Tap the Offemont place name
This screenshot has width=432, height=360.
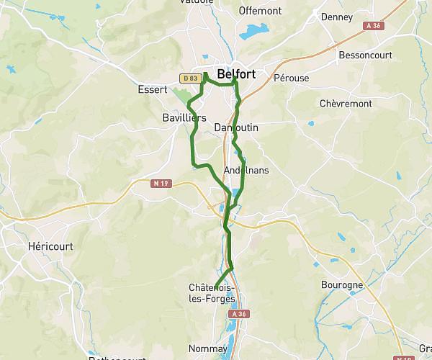click(x=259, y=12)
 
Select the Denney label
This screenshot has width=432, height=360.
click(x=336, y=17)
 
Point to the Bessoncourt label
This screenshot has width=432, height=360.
click(x=363, y=55)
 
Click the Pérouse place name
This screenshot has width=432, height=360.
click(x=291, y=77)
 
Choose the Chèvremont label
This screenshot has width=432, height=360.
click(x=346, y=104)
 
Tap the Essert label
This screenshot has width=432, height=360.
click(x=152, y=90)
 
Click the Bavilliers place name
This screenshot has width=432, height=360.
click(x=185, y=117)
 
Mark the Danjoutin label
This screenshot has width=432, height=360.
click(x=236, y=127)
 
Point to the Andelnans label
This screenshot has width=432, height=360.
click(x=246, y=171)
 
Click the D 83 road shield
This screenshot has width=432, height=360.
click(x=189, y=78)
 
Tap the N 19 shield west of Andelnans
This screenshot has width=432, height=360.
click(x=160, y=184)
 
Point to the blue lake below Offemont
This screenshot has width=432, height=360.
click(x=253, y=32)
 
